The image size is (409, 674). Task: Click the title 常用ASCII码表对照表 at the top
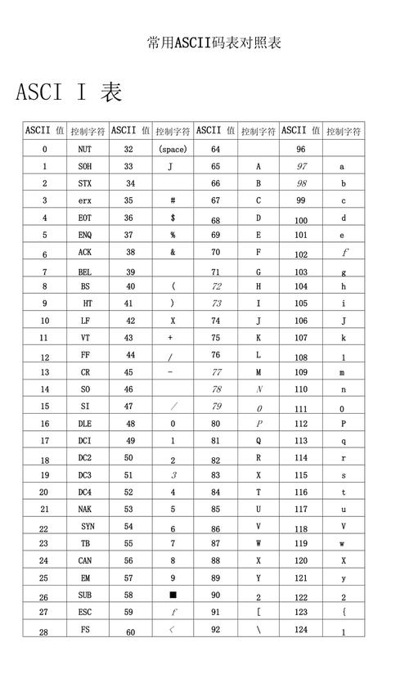(x=214, y=43)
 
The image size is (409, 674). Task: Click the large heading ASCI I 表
(x=70, y=92)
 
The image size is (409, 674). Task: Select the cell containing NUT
(x=85, y=150)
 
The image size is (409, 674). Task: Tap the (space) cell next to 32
(x=173, y=150)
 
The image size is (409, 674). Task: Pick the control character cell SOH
(x=85, y=166)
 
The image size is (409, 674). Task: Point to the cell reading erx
(x=85, y=200)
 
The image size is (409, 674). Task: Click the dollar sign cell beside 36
(x=173, y=218)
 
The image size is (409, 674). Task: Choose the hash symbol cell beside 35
(x=173, y=200)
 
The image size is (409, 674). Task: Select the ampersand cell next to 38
(x=173, y=252)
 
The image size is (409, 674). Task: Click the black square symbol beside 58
(x=173, y=595)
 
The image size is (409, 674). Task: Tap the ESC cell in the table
(x=85, y=612)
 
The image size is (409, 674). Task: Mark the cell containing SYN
(x=88, y=527)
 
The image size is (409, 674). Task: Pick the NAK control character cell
(x=85, y=509)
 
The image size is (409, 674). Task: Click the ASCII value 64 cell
(x=216, y=150)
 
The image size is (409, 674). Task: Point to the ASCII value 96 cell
(x=301, y=150)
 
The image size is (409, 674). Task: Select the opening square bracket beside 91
(x=258, y=612)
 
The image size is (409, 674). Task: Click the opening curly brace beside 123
(x=344, y=612)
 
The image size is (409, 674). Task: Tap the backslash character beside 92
(x=258, y=630)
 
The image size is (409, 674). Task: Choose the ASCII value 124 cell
(x=301, y=629)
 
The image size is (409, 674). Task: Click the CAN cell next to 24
(x=85, y=561)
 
